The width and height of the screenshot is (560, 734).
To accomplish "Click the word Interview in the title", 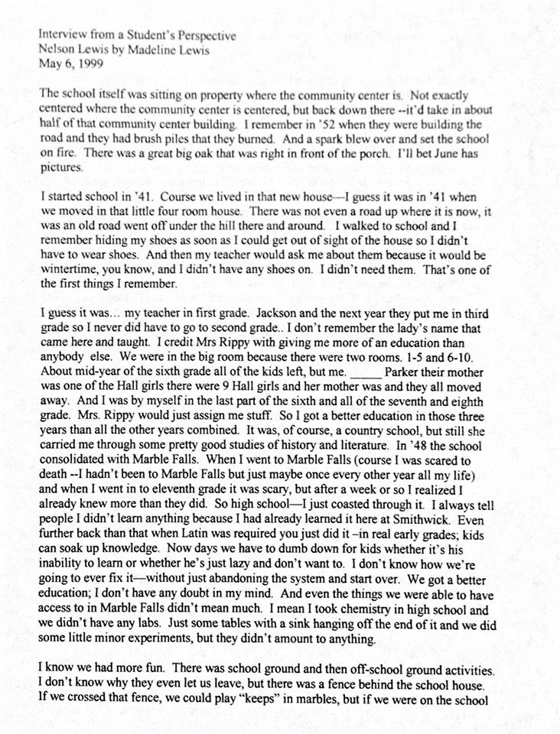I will coord(58,35).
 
